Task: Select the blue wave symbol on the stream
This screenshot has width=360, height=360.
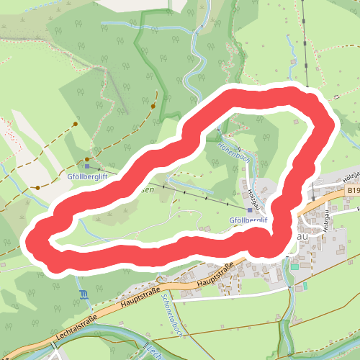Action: tap(84, 293)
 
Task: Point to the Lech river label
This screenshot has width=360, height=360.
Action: tap(153, 351)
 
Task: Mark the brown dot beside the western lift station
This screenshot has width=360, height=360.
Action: tap(87, 158)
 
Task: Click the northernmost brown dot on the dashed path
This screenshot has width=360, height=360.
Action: tap(154, 105)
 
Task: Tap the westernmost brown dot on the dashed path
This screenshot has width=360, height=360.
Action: tap(37, 188)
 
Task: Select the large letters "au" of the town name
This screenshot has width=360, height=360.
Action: tap(302, 235)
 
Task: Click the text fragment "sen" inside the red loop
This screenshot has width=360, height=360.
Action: tap(144, 189)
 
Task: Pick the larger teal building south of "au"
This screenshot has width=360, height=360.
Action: tap(294, 267)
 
